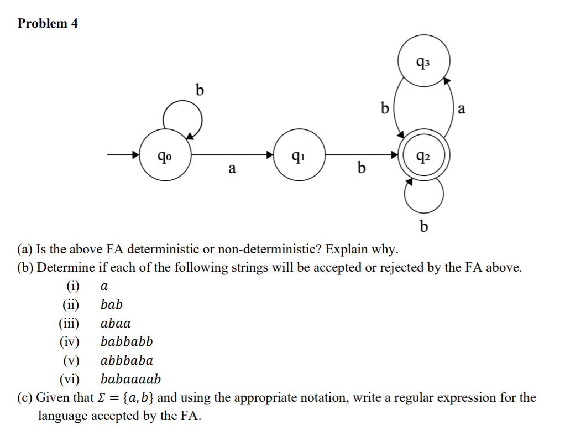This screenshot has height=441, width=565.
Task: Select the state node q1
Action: tap(299, 155)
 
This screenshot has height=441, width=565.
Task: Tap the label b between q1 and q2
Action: tap(361, 167)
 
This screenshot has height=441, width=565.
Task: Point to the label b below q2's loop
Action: tap(424, 226)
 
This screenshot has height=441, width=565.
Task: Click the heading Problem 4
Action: tap(48, 23)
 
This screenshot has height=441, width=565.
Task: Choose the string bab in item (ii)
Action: tap(112, 304)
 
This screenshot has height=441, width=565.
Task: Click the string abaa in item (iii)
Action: tap(116, 323)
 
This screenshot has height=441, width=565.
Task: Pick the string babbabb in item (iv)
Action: tap(127, 342)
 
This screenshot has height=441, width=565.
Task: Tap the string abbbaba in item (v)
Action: tap(127, 361)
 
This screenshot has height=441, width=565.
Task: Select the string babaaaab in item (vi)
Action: tap(130, 380)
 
